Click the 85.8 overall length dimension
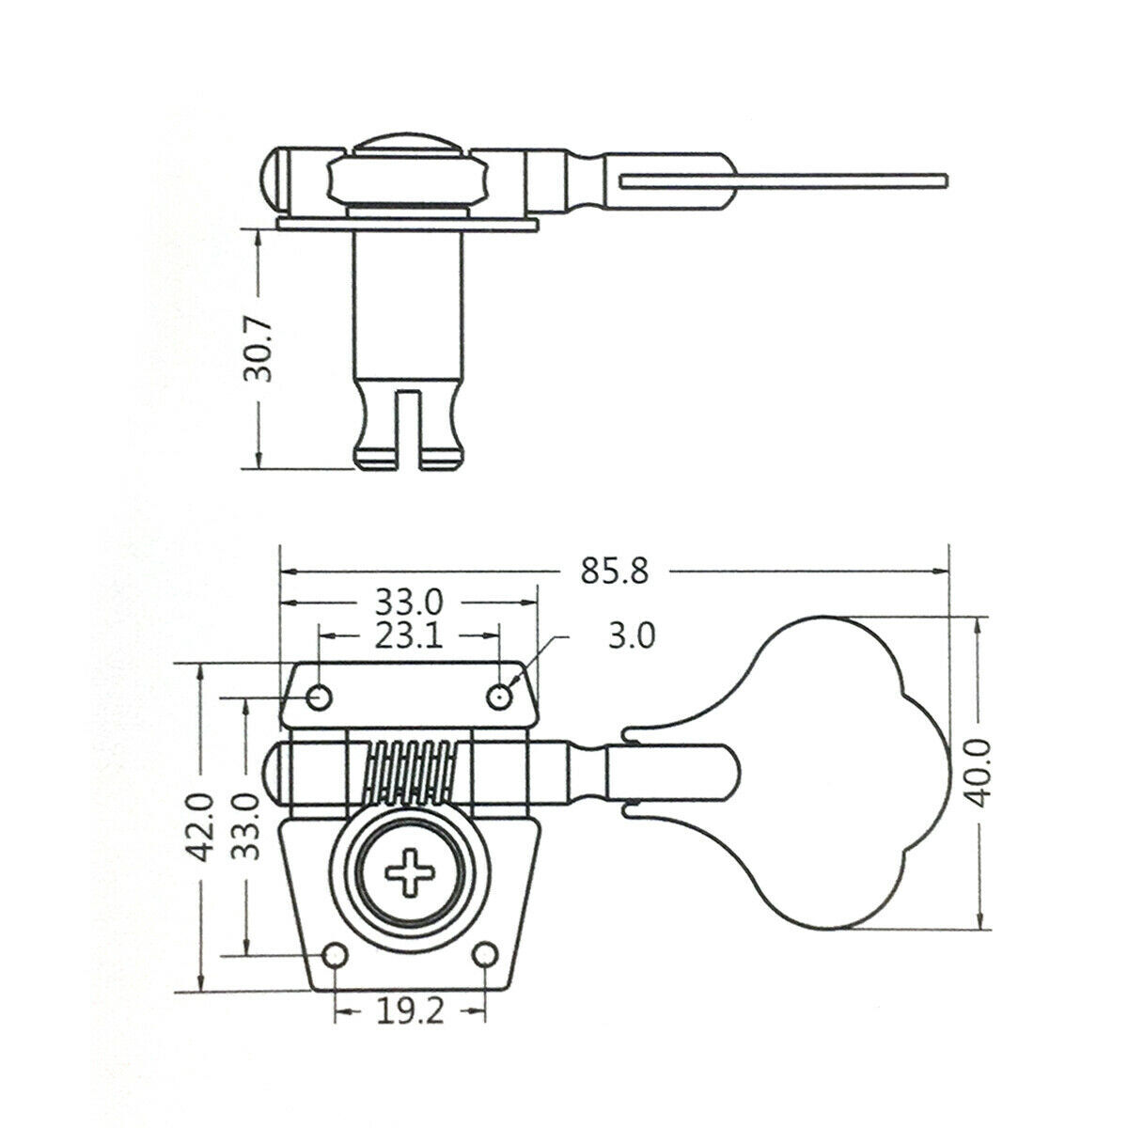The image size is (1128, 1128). pos(615,571)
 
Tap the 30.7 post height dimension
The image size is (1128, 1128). pos(258,349)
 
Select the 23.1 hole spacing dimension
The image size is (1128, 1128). pos(409,635)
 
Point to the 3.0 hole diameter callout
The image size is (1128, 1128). pos(632,635)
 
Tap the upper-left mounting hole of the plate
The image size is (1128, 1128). pos(320,697)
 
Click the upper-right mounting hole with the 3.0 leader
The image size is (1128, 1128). pos(499,697)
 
